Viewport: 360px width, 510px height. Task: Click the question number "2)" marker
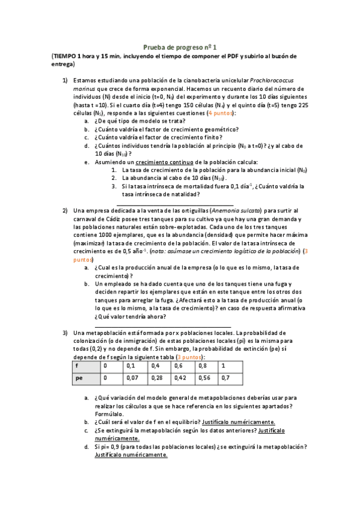(65, 210)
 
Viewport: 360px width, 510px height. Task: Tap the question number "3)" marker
(65, 333)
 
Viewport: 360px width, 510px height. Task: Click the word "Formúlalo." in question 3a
(109, 414)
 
